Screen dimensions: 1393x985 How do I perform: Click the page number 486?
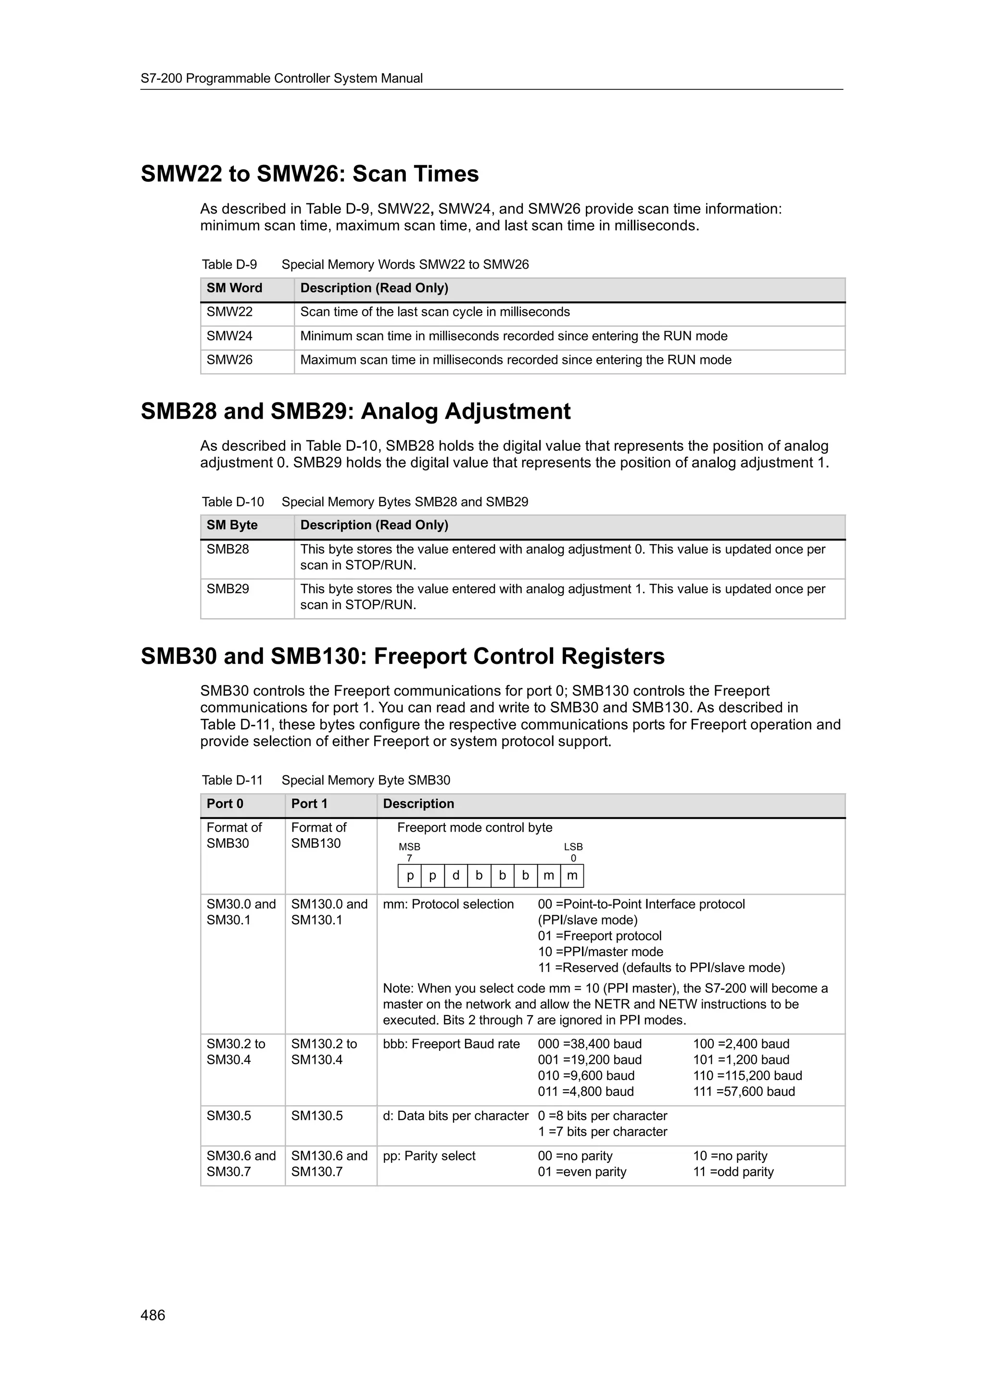pos(152,1315)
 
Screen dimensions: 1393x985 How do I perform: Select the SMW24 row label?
pos(229,336)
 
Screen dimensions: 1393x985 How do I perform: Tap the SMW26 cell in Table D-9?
pos(229,360)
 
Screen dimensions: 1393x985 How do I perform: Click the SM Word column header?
pos(234,288)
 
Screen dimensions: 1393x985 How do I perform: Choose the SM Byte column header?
pos(232,525)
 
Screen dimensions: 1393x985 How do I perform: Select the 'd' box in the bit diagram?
pos(456,875)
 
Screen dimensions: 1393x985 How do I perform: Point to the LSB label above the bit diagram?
pos(573,846)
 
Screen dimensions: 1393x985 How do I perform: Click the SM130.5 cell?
pos(317,1116)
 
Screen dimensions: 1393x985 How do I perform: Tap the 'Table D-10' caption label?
pos(233,502)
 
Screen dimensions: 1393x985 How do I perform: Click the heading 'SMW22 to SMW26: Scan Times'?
pos(310,174)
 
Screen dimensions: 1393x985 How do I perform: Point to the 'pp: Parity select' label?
pos(429,1156)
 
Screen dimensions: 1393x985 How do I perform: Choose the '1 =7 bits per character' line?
pos(602,1132)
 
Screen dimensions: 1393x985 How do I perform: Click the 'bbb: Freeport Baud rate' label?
pos(451,1044)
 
